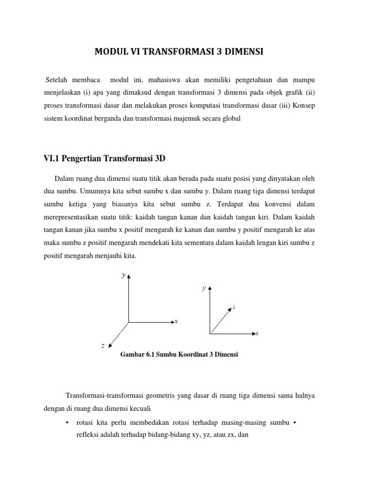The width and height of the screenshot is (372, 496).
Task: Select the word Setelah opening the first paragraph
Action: [x=58, y=79]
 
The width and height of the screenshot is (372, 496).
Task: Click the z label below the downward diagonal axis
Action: [x=103, y=346]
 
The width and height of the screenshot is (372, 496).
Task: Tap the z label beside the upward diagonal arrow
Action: [x=234, y=307]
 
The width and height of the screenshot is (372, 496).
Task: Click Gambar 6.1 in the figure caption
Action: [x=137, y=355]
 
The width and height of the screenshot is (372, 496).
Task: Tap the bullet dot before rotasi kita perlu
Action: [x=66, y=422]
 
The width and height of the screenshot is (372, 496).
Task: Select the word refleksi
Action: [x=87, y=435]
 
